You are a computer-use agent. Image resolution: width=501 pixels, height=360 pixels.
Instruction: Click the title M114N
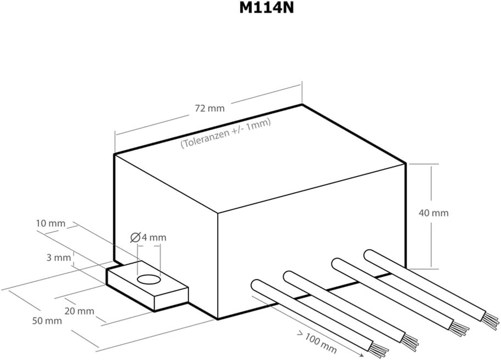click(266, 9)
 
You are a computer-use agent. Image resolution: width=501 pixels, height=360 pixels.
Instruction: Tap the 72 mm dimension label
click(209, 108)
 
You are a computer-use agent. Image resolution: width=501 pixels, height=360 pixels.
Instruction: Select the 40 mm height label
click(434, 213)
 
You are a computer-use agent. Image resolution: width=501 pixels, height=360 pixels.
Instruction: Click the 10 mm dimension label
click(50, 223)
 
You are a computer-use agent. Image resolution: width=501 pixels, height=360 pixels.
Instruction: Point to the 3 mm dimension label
click(59, 258)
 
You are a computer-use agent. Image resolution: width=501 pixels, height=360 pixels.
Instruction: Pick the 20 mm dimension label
click(79, 311)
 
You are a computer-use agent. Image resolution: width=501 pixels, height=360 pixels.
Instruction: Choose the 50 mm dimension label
click(47, 321)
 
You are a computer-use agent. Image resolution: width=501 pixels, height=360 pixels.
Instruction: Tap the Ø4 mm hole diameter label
click(148, 237)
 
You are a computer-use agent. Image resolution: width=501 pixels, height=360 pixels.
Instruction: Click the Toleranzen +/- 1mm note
click(226, 134)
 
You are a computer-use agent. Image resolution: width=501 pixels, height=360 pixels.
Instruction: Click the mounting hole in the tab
click(149, 280)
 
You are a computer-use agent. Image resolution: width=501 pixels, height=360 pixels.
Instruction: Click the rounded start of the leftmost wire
click(256, 285)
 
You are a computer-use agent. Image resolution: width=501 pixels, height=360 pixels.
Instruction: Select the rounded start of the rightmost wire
click(369, 255)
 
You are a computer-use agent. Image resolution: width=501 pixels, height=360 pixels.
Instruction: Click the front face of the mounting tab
click(171, 299)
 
